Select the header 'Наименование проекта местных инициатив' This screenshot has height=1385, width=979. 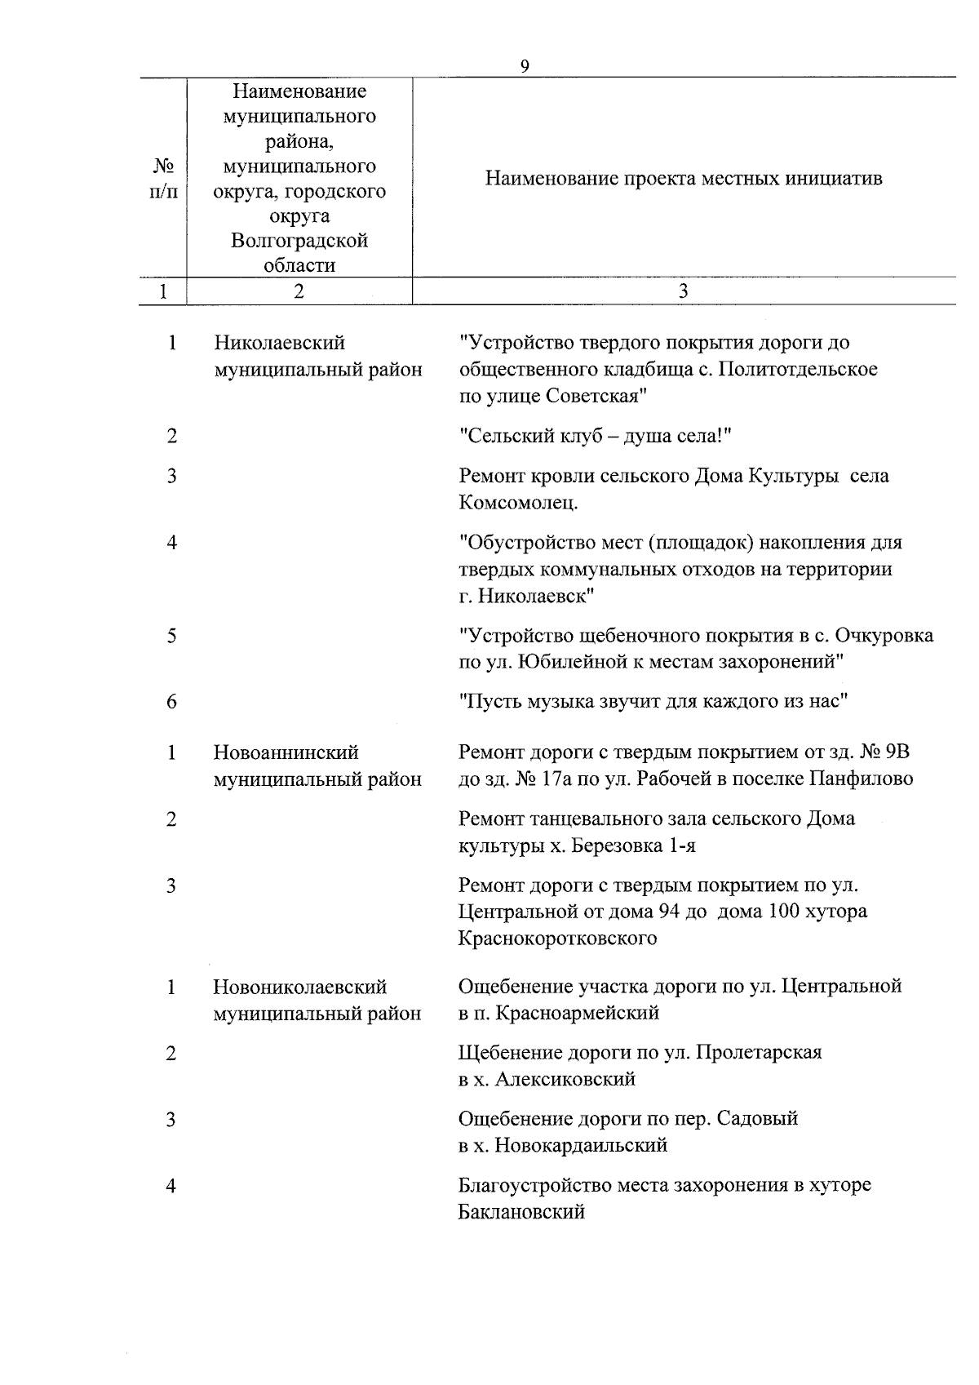[x=684, y=178]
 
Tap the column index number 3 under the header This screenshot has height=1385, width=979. [x=684, y=291]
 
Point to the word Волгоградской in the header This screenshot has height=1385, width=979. [x=299, y=241]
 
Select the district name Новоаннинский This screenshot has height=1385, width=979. [x=286, y=752]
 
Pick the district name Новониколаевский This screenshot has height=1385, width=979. [x=299, y=987]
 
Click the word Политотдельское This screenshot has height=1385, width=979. [x=800, y=369]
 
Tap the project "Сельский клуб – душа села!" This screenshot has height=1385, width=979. [x=596, y=436]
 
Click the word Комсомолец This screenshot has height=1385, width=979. [x=518, y=502]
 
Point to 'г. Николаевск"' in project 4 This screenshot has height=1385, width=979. [x=526, y=595]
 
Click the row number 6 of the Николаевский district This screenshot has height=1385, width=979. [x=171, y=701]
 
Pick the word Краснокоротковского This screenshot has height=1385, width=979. [x=557, y=938]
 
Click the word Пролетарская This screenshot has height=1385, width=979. [x=760, y=1052]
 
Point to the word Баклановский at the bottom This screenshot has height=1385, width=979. [x=521, y=1211]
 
